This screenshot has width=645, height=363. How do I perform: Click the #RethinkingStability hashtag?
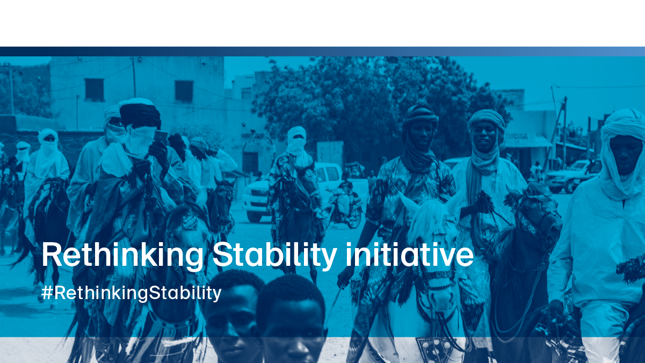pyautogui.click(x=131, y=293)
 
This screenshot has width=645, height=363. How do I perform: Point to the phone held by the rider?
pyautogui.click(x=161, y=136)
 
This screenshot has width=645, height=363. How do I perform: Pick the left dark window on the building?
pyautogui.click(x=94, y=90)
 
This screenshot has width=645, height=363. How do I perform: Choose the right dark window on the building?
pyautogui.click(x=184, y=91)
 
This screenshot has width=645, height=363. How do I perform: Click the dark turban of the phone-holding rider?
pyautogui.click(x=140, y=115)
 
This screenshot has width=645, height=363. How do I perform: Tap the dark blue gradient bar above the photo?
pyautogui.click(x=322, y=52)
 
